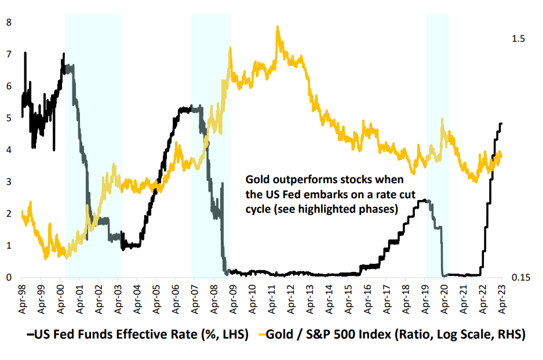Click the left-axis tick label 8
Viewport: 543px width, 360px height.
tap(9, 23)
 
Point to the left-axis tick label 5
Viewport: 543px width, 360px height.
tap(9, 118)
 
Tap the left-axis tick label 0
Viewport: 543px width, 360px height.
tap(9, 278)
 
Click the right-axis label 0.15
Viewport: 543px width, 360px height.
tap(520, 278)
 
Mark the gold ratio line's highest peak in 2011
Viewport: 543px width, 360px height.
tap(278, 27)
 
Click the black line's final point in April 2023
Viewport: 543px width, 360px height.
tap(501, 123)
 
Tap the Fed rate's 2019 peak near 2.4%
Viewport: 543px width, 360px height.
tap(426, 200)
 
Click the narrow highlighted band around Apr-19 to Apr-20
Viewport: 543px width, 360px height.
tap(438, 145)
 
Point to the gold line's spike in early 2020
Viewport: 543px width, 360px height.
tap(443, 119)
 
